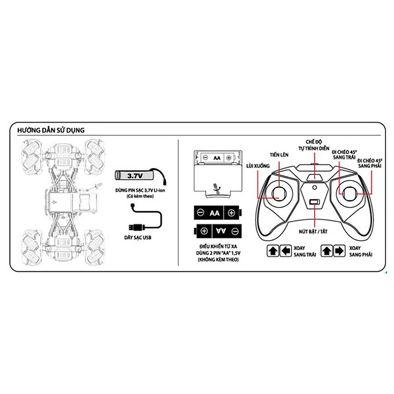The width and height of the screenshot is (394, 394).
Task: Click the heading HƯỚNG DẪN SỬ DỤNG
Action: [x=51, y=130]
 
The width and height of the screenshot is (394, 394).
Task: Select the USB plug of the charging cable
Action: [x=136, y=228]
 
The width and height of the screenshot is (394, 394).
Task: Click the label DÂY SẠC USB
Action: [x=138, y=237]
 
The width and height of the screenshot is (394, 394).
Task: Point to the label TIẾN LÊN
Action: [x=279, y=155]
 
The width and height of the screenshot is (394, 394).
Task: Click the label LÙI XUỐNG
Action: [x=258, y=166]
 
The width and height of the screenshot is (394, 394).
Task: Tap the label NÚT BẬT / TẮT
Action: [x=313, y=231]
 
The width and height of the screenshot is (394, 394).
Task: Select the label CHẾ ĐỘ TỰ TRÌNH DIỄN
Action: [x=314, y=145]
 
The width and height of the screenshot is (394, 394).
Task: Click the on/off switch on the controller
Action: [x=315, y=202]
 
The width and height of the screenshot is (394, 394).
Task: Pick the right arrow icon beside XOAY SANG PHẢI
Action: [x=339, y=251]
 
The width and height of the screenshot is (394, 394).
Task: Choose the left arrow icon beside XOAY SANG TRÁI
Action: [x=286, y=251]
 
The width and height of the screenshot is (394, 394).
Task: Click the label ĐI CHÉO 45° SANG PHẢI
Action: [x=370, y=163]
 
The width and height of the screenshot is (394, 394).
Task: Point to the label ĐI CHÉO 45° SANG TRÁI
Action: [x=344, y=155]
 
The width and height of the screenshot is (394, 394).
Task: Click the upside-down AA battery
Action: [x=218, y=231]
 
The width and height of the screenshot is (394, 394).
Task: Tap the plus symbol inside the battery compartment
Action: [x=229, y=158]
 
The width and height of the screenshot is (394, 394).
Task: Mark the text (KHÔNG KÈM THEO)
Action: [x=218, y=260]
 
